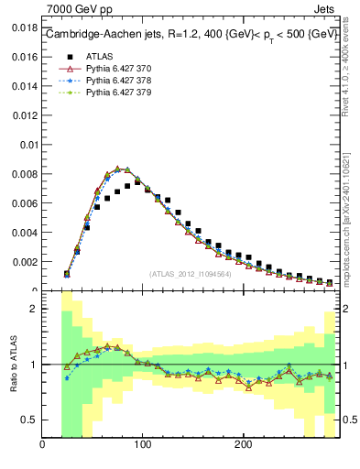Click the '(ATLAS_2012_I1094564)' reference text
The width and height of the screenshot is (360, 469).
pos(191,273)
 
